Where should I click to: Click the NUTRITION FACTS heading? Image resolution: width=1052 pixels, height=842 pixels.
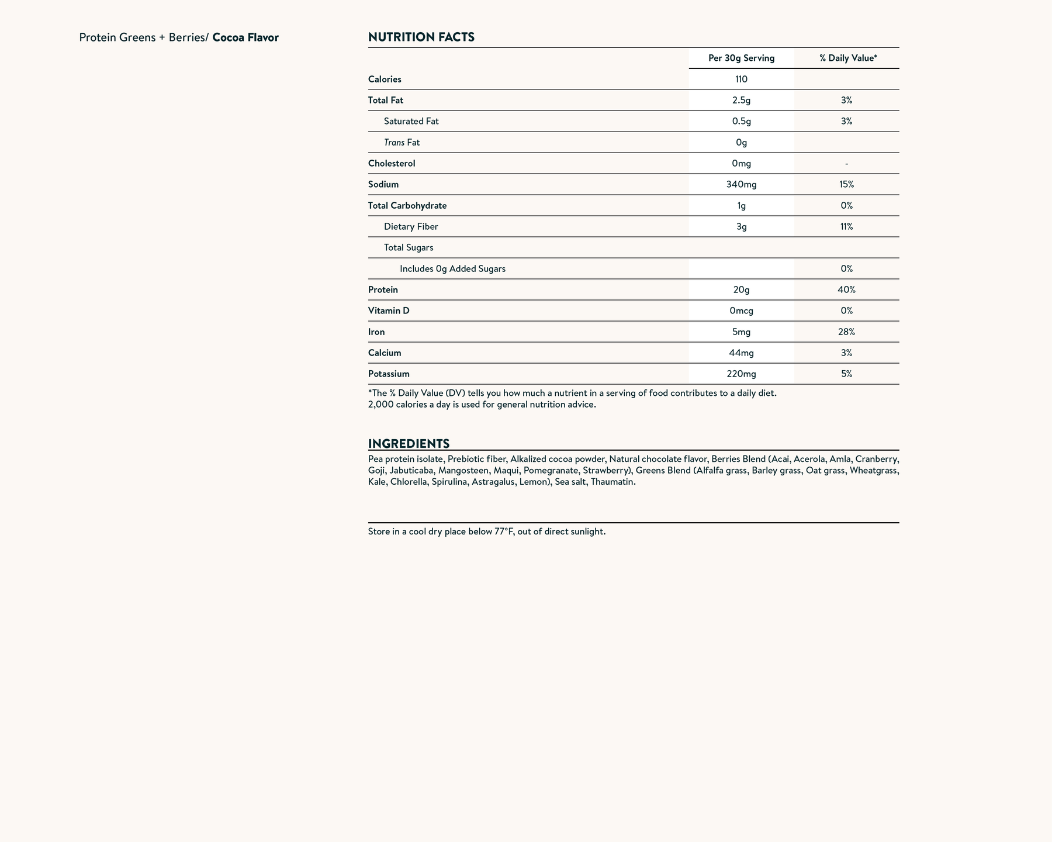[x=421, y=37]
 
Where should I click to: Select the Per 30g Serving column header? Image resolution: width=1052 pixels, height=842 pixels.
[x=741, y=58]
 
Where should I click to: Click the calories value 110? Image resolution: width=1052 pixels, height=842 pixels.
[x=741, y=79]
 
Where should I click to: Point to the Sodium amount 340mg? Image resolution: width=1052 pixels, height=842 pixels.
[x=741, y=184]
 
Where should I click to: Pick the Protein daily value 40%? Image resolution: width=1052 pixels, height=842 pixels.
[x=846, y=289]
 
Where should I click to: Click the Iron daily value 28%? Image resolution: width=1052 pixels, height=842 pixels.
[x=846, y=332]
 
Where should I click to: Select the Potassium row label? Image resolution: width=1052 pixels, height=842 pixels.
[x=389, y=374]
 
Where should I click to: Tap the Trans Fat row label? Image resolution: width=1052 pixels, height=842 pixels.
[x=402, y=142]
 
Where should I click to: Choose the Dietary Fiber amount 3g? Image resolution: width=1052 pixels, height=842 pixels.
[x=741, y=226]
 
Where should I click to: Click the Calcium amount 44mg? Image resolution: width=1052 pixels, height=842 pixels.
[x=741, y=353]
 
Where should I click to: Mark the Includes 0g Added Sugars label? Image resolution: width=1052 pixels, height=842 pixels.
[x=452, y=269]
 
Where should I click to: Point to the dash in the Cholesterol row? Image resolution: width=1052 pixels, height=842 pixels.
[x=846, y=164]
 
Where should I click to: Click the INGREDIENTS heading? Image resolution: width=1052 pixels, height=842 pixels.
[x=409, y=443]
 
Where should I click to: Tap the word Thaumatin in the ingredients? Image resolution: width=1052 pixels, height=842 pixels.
[x=612, y=482]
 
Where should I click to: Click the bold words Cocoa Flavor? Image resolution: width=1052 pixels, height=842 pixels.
[x=245, y=38]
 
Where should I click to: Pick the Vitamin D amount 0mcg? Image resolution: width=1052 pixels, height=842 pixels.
[x=741, y=310]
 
